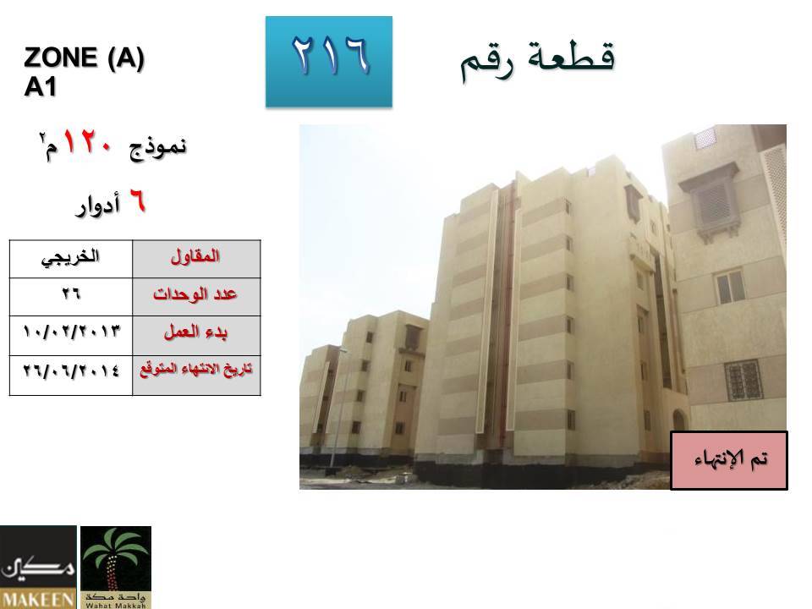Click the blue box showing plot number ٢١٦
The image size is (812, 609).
point(329,62)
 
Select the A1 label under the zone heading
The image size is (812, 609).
point(40,86)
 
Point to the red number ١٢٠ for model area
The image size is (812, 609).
point(87,142)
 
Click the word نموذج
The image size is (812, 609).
point(157,147)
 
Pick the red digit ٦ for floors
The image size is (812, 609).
point(137,200)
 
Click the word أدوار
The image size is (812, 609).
point(98,205)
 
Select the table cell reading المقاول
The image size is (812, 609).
point(196,259)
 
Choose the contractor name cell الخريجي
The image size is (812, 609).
point(71,259)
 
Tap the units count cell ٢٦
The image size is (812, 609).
point(71,297)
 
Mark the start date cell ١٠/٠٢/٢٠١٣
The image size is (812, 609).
point(71,335)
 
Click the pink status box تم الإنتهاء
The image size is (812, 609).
point(728,460)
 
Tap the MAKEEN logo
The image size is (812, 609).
point(38,567)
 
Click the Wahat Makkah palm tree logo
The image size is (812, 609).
point(116,567)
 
